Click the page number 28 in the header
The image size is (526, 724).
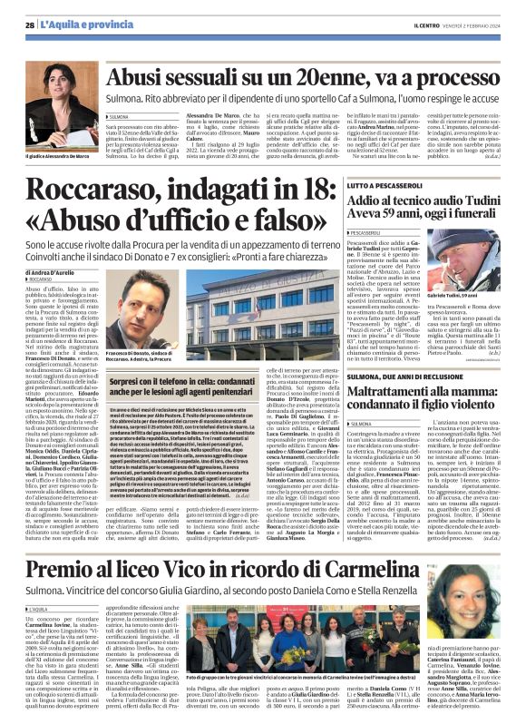[30, 24]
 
